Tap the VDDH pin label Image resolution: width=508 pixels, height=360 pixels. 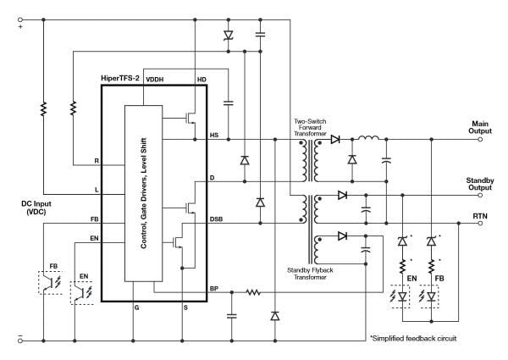point(156,80)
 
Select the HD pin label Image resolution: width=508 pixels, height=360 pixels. point(202,80)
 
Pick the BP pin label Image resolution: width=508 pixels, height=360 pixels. point(214,289)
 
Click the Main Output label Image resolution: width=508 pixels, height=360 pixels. point(486,128)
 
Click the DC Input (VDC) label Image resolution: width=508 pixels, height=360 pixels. point(41,208)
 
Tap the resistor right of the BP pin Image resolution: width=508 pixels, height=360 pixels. point(251,294)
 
